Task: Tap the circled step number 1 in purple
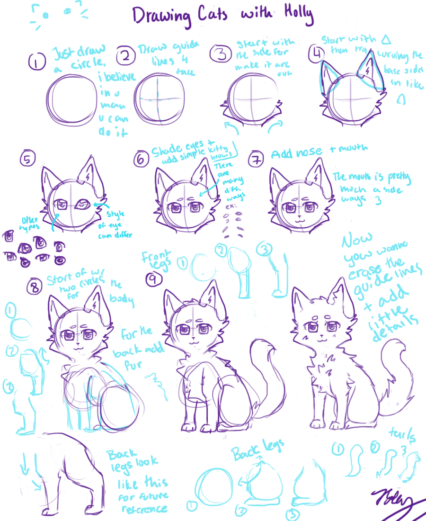[x=36, y=62]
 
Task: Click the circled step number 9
[x=152, y=280]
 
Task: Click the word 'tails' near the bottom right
[x=402, y=434]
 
